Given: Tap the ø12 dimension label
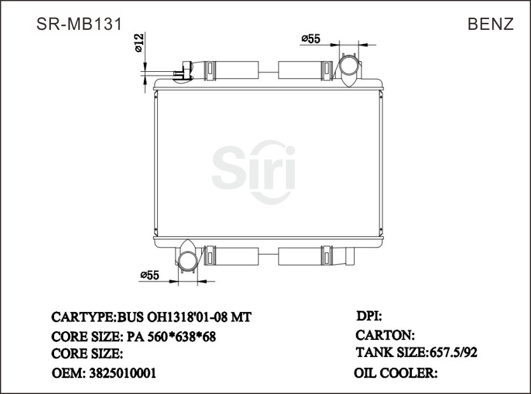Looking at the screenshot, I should click(x=139, y=42).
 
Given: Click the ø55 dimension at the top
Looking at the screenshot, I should click(x=310, y=39).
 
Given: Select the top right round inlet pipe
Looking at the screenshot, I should click(x=348, y=67).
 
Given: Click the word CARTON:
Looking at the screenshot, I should click(x=385, y=335).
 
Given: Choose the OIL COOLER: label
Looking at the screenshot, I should click(x=395, y=373).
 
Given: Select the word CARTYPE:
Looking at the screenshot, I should click(x=83, y=317).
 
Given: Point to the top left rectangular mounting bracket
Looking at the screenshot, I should click(x=232, y=69).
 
